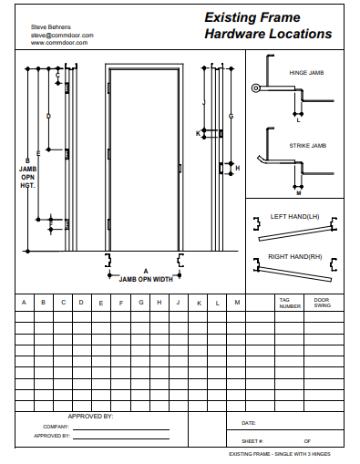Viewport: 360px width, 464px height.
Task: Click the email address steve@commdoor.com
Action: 62,36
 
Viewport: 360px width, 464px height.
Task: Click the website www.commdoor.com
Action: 59,43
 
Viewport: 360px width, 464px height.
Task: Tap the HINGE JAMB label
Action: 306,73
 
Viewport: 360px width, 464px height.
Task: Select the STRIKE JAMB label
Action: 308,146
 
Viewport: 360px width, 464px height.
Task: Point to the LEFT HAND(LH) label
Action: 294,217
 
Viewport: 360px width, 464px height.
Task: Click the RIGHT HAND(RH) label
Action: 294,257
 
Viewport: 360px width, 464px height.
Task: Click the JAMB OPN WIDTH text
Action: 146,279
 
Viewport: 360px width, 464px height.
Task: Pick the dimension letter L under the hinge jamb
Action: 298,120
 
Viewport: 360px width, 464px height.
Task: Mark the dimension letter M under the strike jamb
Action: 299,193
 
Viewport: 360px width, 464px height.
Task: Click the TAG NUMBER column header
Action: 290,304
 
